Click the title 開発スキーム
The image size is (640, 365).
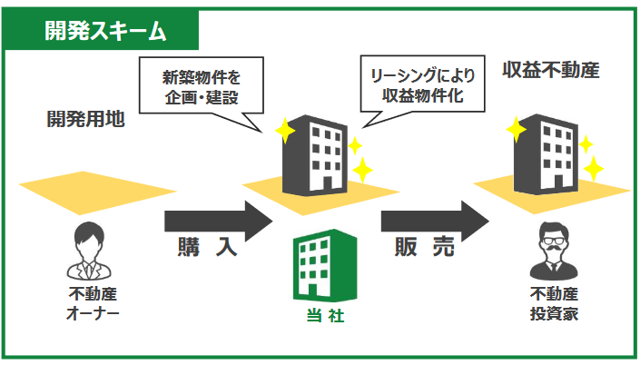point(105,31)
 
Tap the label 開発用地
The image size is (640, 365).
point(85,119)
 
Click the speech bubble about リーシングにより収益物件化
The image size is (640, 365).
point(422,84)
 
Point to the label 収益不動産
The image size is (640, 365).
point(551,70)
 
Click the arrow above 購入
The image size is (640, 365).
point(219,221)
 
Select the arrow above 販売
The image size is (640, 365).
point(435,221)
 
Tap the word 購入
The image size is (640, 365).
point(207,247)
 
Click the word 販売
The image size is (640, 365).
point(425,247)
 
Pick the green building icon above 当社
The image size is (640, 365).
point(325,265)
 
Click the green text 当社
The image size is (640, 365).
point(325,316)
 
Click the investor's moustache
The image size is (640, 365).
point(554,248)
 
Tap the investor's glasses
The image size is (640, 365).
point(554,240)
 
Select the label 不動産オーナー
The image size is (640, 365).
point(93,304)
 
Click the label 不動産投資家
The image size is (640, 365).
point(554,304)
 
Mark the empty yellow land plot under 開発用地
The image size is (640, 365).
point(97,192)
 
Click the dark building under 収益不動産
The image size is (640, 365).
point(546,154)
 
